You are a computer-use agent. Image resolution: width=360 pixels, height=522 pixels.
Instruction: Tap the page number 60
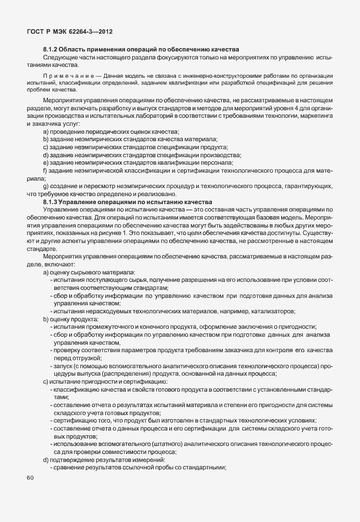tap(30, 478)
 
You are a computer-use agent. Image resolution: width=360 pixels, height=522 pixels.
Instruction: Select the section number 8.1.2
tap(51, 50)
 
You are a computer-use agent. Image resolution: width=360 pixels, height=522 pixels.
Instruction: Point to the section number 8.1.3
tap(51, 202)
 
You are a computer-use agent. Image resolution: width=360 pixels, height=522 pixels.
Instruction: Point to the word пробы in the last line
tap(161, 467)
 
